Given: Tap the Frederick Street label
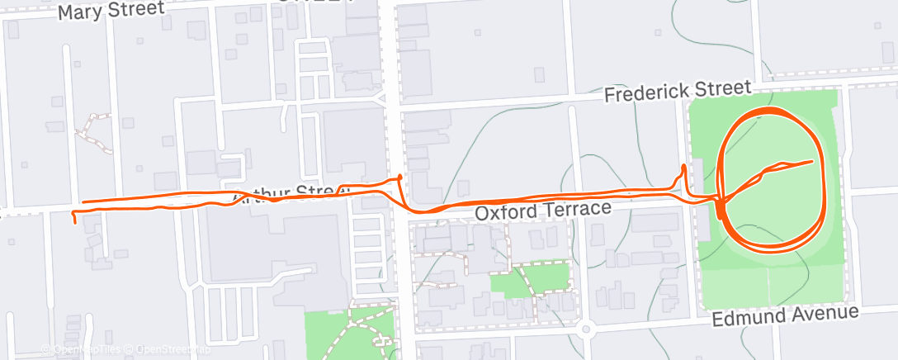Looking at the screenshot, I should point(678,91).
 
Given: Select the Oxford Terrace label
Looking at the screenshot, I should point(542,211).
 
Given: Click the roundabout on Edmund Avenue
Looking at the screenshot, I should point(586,329).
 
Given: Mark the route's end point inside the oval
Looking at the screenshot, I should point(813,160).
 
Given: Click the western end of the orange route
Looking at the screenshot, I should point(75,220).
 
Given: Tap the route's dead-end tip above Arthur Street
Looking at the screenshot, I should point(400,176).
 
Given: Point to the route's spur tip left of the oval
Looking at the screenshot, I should point(684,167).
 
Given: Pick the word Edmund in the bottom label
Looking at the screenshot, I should point(747,319).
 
